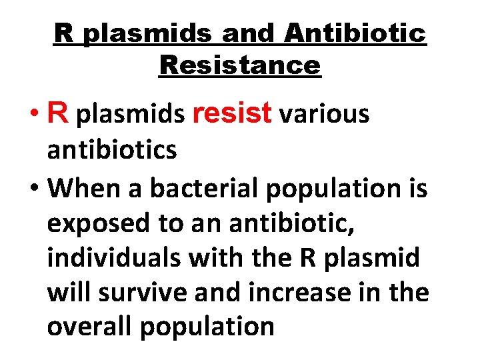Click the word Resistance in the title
pyautogui.click(x=240, y=65)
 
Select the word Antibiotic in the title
pyautogui.click(x=354, y=33)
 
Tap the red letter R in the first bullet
pyautogui.click(x=58, y=114)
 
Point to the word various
pyautogui.click(x=324, y=114)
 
